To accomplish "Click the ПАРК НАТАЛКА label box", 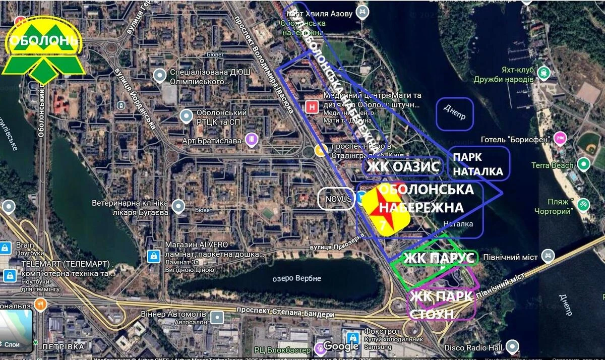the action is click(478, 164).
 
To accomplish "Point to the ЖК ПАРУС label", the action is click(439, 258).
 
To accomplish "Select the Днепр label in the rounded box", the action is click(455, 114).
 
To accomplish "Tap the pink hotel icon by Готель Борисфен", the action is click(560, 138).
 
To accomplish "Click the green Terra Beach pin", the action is click(583, 164).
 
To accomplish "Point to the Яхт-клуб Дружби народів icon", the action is click(543, 74).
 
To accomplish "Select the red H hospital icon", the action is click(313, 107).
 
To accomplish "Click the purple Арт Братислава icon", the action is click(251, 140).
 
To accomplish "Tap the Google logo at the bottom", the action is click(341, 346).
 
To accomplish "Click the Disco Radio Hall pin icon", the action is click(512, 346).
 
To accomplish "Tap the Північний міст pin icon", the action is click(548, 257).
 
